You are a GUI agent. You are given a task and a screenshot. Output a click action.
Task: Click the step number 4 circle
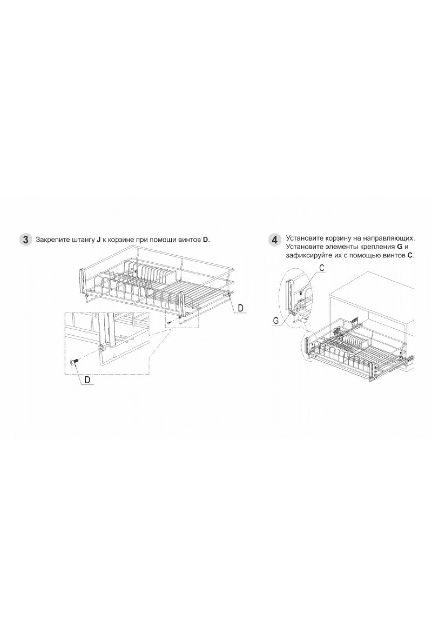coord(275,240)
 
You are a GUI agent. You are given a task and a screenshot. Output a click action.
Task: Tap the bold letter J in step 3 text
coord(98,240)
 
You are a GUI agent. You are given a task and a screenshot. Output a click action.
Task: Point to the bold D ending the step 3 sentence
coord(205,240)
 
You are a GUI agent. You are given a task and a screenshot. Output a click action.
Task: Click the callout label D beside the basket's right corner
coord(240,308)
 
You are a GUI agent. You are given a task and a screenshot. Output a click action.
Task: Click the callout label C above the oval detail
coord(322,268)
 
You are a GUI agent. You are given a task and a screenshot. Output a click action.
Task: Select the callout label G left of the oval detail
coord(276,320)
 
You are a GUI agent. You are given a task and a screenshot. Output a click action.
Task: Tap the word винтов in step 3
coord(190,240)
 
